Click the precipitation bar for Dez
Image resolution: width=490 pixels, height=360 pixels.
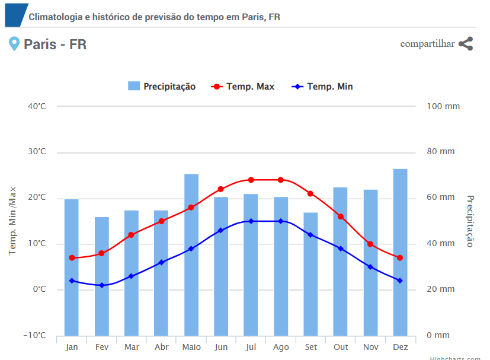pyautogui.click(x=401, y=252)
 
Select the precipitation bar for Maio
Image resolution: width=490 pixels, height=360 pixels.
pyautogui.click(x=191, y=254)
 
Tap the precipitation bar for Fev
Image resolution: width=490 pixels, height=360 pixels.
pyautogui.click(x=102, y=276)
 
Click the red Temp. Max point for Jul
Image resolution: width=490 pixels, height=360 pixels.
pyautogui.click(x=251, y=180)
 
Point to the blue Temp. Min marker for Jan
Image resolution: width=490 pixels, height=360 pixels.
pyautogui.click(x=72, y=281)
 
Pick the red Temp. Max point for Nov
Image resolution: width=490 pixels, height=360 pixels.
pyautogui.click(x=370, y=244)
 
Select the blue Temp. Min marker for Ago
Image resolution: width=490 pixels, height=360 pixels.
pyautogui.click(x=281, y=221)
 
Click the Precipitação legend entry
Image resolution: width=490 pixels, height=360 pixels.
pyautogui.click(x=162, y=87)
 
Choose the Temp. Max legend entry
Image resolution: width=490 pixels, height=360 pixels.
pyautogui.click(x=243, y=87)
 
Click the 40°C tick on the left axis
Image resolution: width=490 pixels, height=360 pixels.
pyautogui.click(x=37, y=106)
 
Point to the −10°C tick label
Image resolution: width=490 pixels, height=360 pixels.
pyautogui.click(x=34, y=336)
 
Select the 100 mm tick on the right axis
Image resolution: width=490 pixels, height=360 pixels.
pyautogui.click(x=443, y=106)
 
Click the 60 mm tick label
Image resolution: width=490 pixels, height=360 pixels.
pyautogui.click(x=441, y=197)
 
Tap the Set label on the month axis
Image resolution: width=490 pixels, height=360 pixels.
pyautogui.click(x=311, y=347)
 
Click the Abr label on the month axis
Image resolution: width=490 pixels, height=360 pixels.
pyautogui.click(x=161, y=347)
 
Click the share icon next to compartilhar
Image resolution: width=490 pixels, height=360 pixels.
pyautogui.click(x=466, y=43)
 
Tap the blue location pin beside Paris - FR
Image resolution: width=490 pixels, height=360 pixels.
pyautogui.click(x=14, y=43)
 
